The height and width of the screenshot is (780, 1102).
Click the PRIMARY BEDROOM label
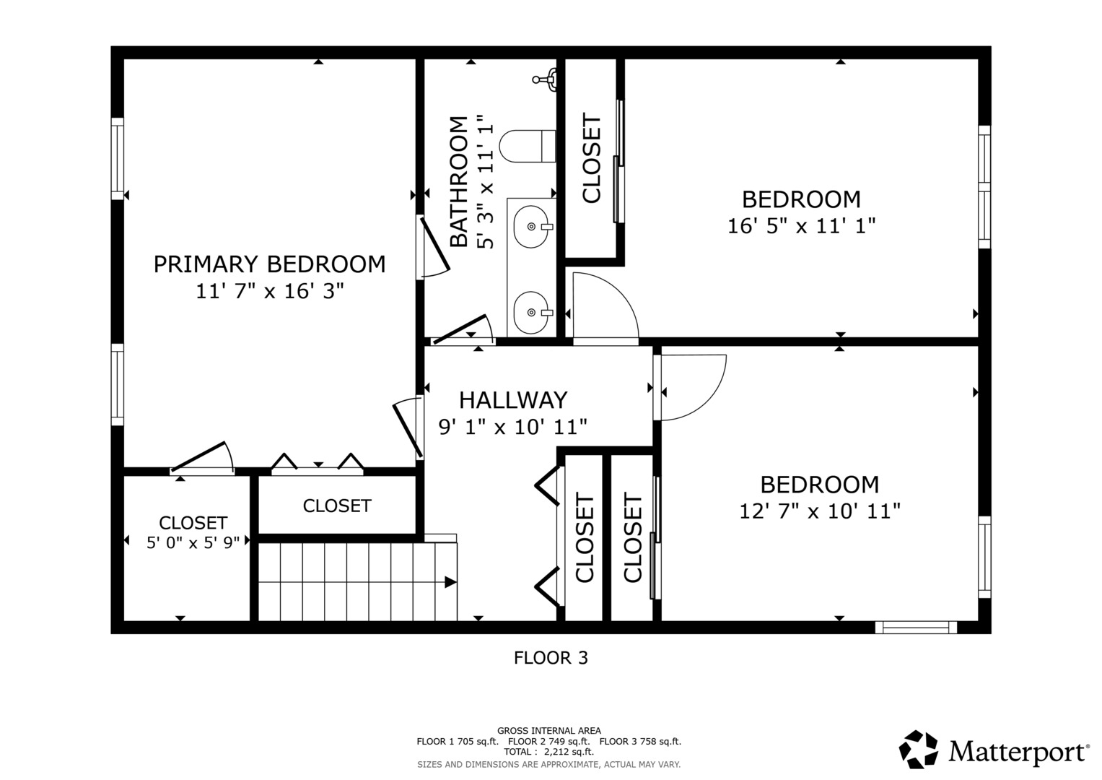269,264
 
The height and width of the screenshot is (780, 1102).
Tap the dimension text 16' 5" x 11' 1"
801,226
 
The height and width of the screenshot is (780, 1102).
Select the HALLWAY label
513,400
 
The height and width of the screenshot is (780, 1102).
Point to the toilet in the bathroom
528,146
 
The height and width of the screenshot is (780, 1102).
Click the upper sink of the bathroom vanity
532,227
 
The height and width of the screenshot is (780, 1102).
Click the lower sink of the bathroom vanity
532,312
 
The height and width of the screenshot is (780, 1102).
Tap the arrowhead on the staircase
450,582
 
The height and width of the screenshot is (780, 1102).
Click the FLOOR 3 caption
551,658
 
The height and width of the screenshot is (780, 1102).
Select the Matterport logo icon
918,750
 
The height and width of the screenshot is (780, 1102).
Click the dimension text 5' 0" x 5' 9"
193,542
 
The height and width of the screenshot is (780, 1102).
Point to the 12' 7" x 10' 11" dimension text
820,511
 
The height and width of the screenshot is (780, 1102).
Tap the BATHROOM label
458,181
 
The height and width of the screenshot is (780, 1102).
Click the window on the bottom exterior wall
916,628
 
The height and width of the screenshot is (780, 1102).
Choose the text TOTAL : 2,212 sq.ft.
549,752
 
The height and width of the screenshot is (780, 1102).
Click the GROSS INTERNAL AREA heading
549,731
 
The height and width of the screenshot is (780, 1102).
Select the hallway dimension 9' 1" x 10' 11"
513,427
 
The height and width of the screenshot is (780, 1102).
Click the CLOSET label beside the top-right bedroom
591,158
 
